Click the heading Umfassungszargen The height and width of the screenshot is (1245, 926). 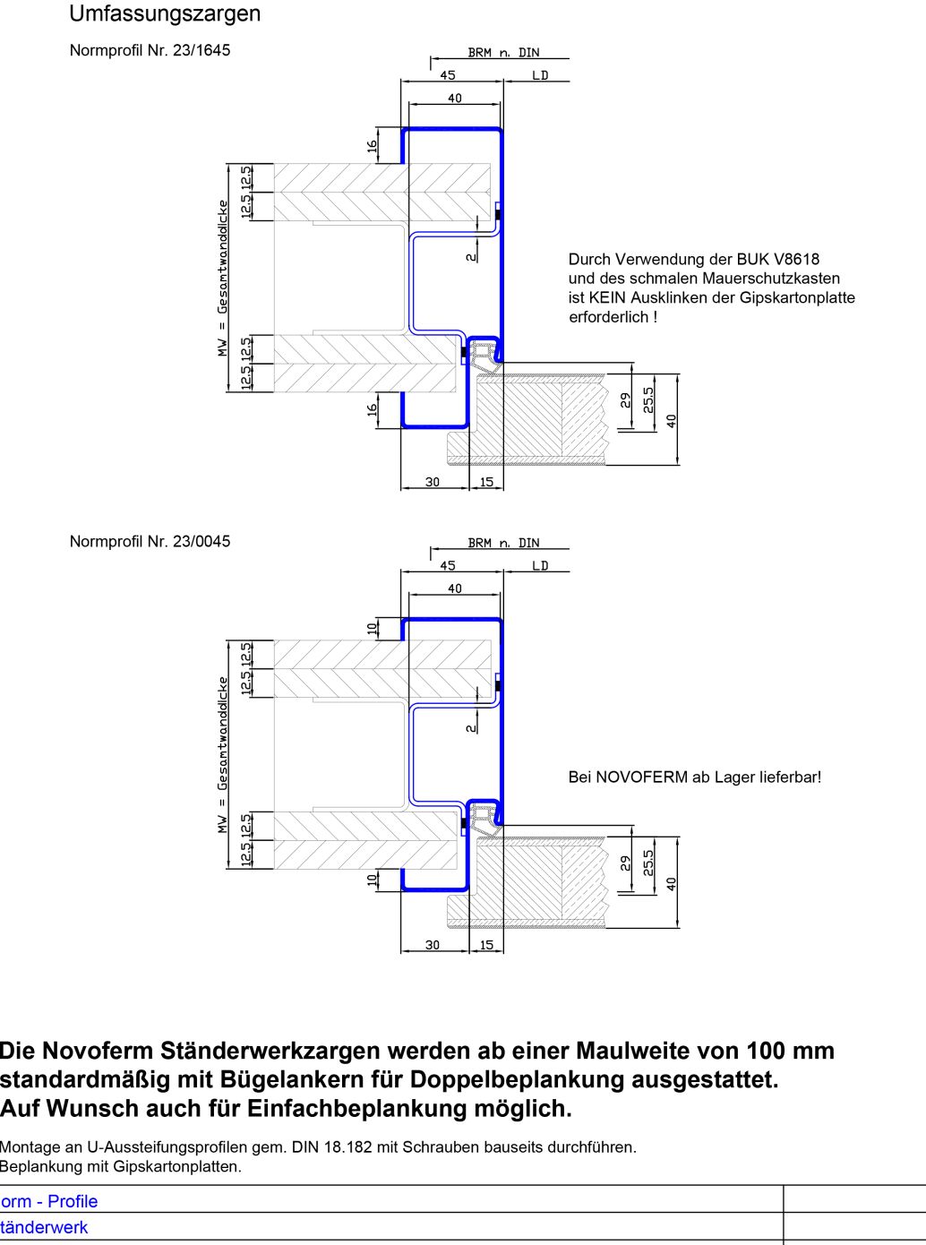[165, 14]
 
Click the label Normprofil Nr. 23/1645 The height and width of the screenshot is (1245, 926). [150, 51]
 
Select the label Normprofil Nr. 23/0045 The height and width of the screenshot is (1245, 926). [150, 542]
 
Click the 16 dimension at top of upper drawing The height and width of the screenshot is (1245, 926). [373, 146]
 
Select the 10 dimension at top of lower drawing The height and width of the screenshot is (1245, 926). [373, 629]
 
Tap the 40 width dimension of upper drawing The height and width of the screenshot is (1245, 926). [455, 99]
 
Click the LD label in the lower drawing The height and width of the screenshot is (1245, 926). [540, 566]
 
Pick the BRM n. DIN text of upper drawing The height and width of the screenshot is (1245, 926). [503, 53]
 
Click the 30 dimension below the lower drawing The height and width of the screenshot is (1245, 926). [433, 945]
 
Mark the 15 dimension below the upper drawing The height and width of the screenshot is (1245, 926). [486, 482]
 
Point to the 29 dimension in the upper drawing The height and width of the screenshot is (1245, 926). [625, 399]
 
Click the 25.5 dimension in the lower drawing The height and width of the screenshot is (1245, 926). [649, 862]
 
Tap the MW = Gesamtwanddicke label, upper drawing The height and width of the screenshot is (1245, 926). [223, 278]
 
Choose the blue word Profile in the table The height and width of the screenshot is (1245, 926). [73, 1202]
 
